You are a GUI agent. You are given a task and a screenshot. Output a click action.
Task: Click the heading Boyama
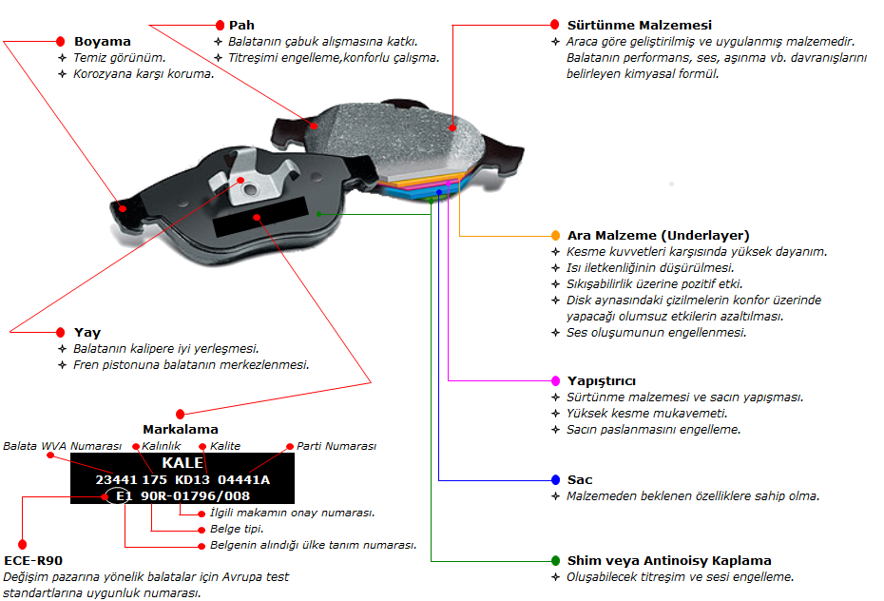pyautogui.click(x=102, y=42)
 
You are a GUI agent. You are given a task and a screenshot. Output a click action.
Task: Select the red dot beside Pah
pyautogui.click(x=220, y=24)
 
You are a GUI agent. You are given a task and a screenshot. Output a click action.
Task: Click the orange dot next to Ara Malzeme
pyautogui.click(x=556, y=235)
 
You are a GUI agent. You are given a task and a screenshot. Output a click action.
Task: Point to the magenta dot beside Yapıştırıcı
pyautogui.click(x=556, y=380)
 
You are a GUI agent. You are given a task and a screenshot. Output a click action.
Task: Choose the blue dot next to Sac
pyautogui.click(x=556, y=479)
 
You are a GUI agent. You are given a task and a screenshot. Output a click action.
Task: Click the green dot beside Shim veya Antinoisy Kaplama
pyautogui.click(x=556, y=560)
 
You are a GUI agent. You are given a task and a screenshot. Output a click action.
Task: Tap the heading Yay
pyautogui.click(x=87, y=333)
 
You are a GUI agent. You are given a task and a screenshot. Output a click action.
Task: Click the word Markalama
pyautogui.click(x=181, y=430)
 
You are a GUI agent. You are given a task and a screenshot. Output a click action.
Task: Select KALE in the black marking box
pyautogui.click(x=183, y=463)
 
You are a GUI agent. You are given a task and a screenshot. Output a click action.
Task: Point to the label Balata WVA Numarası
pyautogui.click(x=62, y=446)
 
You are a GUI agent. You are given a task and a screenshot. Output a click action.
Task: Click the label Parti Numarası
pyautogui.click(x=336, y=446)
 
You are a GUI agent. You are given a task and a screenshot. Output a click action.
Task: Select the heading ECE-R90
pyautogui.click(x=33, y=561)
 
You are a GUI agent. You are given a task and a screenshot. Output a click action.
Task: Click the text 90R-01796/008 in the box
pyautogui.click(x=196, y=496)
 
